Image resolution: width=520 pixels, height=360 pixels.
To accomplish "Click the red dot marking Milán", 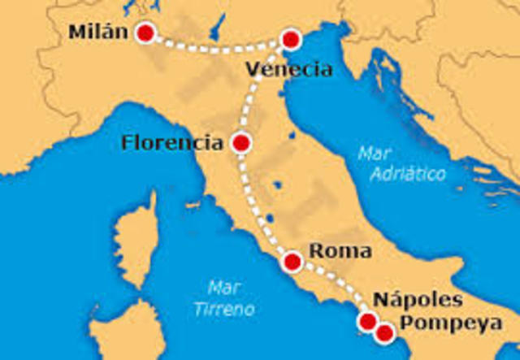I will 145,33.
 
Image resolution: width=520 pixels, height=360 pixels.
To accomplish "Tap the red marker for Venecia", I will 290,39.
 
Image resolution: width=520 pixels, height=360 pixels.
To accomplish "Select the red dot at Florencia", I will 240,143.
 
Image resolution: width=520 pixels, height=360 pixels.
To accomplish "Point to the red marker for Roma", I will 292,262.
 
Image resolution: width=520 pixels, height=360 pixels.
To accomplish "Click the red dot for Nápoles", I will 368,322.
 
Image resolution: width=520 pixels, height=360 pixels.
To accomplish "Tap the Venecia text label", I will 289,69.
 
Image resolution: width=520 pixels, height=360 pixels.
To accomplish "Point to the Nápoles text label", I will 418,299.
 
